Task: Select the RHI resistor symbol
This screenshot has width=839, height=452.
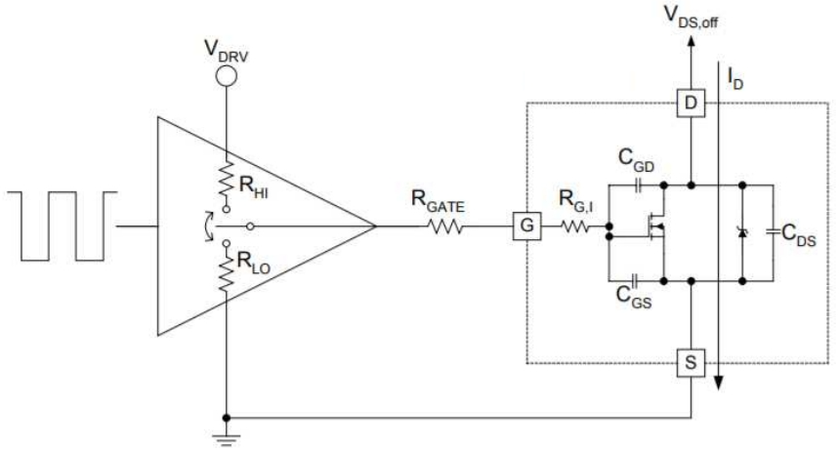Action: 227,180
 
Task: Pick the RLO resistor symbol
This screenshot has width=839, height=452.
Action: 227,276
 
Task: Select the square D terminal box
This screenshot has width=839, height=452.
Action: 691,103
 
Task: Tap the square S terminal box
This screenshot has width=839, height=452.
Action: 691,364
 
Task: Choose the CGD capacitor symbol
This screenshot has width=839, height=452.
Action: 638,183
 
